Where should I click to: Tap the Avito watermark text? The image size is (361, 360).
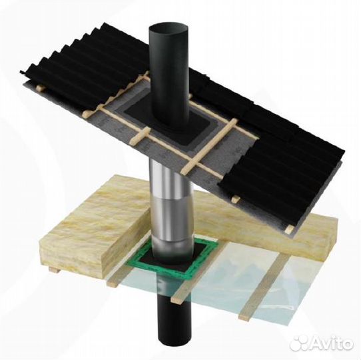click(x=331, y=343)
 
